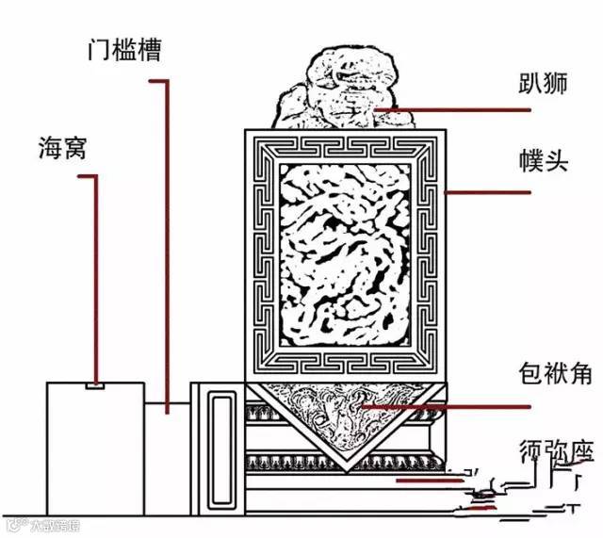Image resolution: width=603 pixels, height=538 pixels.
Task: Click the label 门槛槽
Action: [x=119, y=50]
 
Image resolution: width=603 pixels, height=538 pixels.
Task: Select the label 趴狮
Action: [x=544, y=84]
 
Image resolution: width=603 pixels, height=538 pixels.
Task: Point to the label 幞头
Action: [x=544, y=159]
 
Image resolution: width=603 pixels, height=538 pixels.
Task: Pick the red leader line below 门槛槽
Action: [x=169, y=245]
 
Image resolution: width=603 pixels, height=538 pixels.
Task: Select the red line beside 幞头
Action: [x=490, y=192]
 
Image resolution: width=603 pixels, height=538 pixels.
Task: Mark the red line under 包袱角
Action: [x=471, y=407]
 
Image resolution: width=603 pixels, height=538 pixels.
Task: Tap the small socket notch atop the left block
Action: [x=94, y=385]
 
